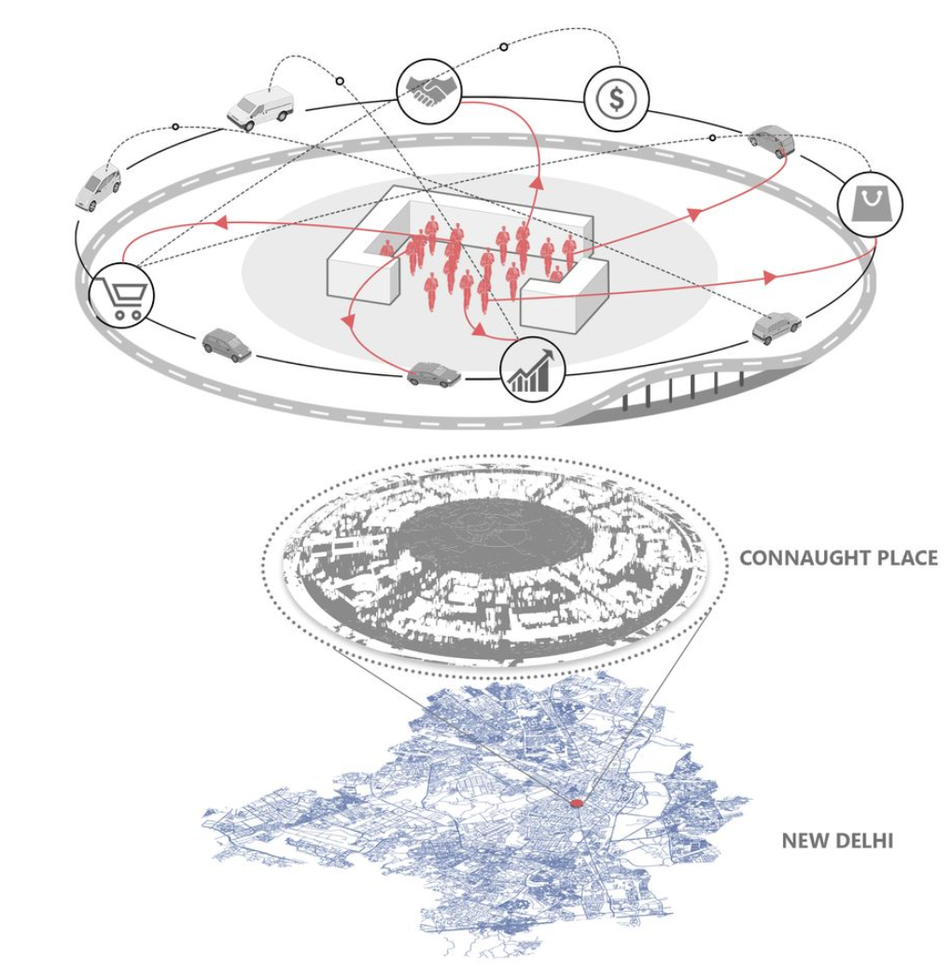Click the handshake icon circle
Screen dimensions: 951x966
pos(429,91)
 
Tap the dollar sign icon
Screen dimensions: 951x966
pos(617,98)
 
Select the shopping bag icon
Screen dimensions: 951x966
pos(871,203)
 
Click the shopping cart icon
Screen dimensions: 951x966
pos(121,295)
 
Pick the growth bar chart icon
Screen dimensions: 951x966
pos(532,370)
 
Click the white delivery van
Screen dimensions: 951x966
pos(260,108)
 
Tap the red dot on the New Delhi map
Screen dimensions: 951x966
pos(576,804)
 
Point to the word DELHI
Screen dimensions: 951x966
pos(862,841)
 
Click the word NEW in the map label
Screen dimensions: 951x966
pos(804,841)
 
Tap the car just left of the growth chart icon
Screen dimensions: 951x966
pos(434,374)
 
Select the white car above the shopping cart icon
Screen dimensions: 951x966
pos(98,186)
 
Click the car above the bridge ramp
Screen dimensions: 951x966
pos(776,328)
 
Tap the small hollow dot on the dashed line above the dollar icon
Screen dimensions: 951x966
pos(504,47)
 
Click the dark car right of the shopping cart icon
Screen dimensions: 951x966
pos(227,345)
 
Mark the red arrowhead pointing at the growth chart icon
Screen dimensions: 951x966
pos(479,331)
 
